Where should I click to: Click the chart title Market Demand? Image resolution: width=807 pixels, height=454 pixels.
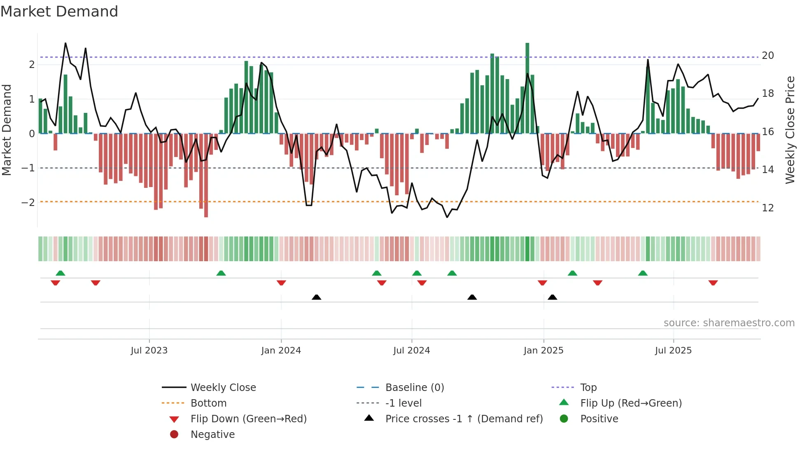59,12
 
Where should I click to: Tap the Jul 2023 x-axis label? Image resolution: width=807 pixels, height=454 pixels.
149,351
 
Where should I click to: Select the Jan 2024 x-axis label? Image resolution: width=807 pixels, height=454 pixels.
281,351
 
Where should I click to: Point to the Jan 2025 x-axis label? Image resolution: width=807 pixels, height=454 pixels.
543,351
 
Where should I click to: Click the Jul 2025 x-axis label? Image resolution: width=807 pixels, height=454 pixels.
673,351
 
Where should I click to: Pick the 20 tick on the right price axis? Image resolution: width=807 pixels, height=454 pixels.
767,56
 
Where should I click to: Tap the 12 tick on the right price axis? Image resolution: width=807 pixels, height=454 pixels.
767,208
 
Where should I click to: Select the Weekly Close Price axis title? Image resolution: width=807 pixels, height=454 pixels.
790,130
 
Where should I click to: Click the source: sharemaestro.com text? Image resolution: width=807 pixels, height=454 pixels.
729,323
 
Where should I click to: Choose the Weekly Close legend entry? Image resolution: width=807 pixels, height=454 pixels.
223,388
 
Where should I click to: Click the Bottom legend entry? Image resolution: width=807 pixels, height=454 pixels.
208,403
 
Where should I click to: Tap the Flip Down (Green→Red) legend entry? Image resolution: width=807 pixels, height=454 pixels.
248,419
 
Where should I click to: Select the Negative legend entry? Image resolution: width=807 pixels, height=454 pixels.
212,435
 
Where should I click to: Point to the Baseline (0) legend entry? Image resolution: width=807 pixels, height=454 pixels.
414,388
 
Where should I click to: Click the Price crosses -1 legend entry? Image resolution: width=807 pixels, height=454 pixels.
464,419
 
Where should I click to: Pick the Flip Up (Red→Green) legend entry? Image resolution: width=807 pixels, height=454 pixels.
631,403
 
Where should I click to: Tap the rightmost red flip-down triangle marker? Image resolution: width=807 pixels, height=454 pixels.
713,283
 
